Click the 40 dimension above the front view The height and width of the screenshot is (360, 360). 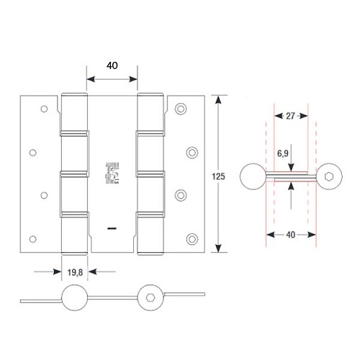[112, 65]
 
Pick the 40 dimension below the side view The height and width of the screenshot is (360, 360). [292, 234]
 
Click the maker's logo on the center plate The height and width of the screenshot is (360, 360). [112, 173]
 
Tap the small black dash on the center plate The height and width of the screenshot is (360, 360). [112, 228]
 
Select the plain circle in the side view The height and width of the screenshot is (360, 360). [251, 176]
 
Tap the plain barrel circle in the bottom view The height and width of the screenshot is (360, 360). [75, 297]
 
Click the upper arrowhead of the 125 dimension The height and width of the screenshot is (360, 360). [220, 98]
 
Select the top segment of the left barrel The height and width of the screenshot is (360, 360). [73, 112]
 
